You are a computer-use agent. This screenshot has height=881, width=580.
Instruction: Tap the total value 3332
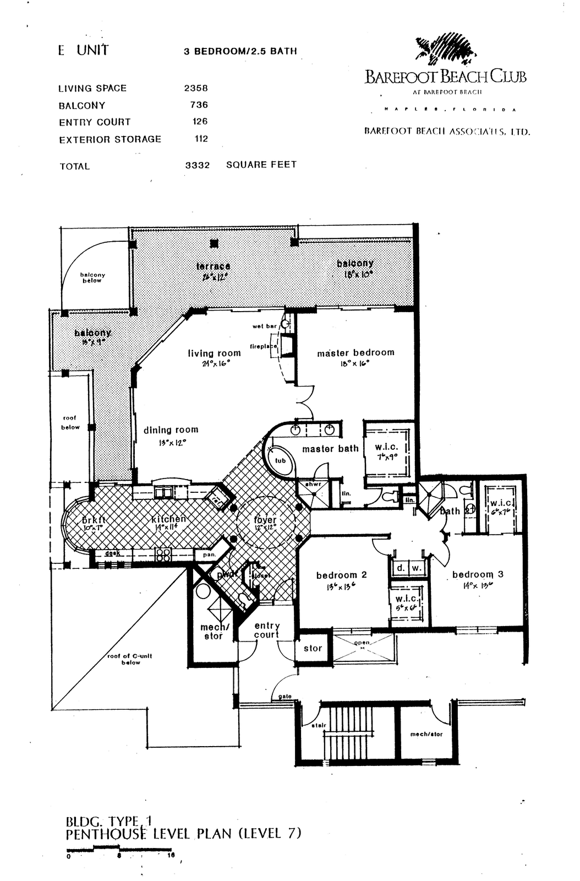(x=198, y=165)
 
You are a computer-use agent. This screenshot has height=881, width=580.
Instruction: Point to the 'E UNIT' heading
(x=84, y=51)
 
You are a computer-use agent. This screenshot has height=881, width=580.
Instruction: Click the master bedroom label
(x=355, y=353)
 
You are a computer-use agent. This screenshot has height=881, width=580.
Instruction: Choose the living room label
(x=214, y=354)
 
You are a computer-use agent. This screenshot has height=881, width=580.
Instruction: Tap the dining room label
(x=171, y=430)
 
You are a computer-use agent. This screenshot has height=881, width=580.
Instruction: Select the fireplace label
(x=263, y=346)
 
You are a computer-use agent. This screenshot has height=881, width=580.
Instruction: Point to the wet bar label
(x=265, y=326)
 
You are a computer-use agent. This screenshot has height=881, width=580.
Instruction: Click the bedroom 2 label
(x=341, y=575)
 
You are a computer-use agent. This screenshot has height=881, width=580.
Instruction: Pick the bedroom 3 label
(x=478, y=575)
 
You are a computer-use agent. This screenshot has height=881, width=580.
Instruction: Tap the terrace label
(x=213, y=267)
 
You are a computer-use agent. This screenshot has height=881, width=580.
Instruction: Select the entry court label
(x=267, y=630)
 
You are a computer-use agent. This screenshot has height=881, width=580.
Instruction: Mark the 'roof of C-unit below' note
(x=130, y=659)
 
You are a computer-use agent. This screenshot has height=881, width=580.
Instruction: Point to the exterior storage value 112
(x=201, y=139)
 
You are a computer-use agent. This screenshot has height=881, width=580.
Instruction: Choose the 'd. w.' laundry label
(x=408, y=568)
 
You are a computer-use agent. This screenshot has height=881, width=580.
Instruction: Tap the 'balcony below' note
(x=92, y=278)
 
